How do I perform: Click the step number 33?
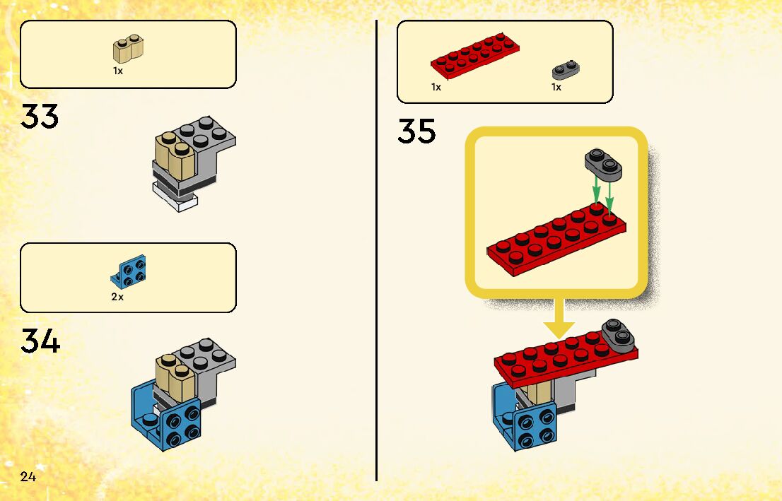40,117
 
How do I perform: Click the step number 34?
40,341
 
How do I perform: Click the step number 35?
416,131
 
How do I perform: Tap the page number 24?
28,476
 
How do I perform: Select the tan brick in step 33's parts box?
128,49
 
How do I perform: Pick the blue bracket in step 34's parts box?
129,272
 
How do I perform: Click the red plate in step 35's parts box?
475,57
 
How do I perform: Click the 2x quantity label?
117,297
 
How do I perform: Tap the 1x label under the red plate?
436,87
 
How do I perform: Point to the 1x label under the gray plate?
556,87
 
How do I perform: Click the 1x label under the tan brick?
118,71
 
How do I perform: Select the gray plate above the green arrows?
603,164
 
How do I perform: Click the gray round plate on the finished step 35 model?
617,335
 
